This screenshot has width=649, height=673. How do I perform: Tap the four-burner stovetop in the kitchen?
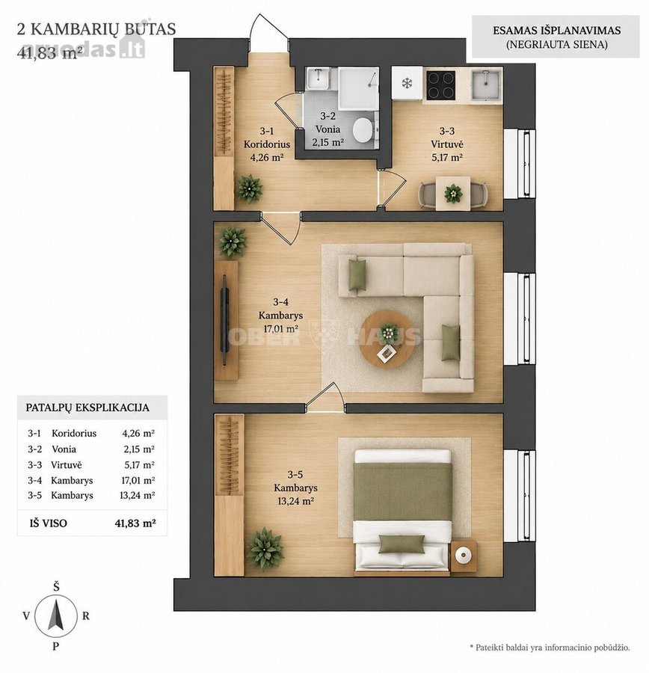441,84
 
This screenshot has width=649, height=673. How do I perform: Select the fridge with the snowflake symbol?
407,83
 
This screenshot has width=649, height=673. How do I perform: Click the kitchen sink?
485,85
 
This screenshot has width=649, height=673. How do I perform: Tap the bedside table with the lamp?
464,556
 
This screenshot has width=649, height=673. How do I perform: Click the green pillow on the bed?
402,544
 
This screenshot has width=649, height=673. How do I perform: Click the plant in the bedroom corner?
265,550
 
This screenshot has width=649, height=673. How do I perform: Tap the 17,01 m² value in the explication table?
138,480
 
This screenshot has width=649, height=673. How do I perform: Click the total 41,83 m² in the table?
135,523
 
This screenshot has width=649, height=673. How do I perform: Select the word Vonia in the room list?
64,449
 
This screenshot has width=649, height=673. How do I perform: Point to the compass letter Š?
56,587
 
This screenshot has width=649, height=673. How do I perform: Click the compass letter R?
86,616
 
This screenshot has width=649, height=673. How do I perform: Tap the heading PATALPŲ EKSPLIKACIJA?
87,408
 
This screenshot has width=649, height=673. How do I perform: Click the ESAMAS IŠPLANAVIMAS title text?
557,31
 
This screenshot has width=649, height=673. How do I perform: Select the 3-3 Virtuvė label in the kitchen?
447,138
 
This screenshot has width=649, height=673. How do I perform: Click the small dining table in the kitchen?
453,193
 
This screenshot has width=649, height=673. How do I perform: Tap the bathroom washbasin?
318,79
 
